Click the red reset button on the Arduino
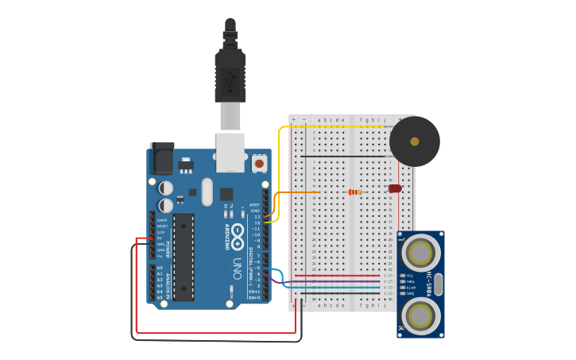pos(259,163)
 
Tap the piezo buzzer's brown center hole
pos(414,141)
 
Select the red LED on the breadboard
pos(395,188)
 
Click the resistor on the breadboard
pos(355,192)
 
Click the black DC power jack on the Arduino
pos(161,158)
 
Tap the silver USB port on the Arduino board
pos(230,152)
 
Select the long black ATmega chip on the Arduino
pos(184,257)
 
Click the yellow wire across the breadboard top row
pos(334,126)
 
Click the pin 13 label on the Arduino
pos(257,216)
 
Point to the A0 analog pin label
pos(160,269)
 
